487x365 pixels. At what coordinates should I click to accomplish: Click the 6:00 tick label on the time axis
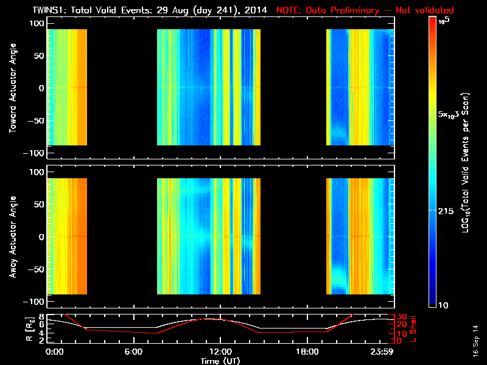coord(133,351)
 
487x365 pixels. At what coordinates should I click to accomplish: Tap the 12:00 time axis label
coord(220,351)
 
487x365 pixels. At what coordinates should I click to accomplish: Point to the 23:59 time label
coord(383,351)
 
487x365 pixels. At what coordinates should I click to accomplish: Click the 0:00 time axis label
coord(55,351)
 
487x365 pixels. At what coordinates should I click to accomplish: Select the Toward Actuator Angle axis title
coord(13,88)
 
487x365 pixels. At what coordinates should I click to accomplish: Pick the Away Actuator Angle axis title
coord(13,236)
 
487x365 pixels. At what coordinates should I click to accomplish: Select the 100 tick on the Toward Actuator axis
coord(37,23)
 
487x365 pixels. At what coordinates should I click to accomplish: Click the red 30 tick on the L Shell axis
coord(401,316)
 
